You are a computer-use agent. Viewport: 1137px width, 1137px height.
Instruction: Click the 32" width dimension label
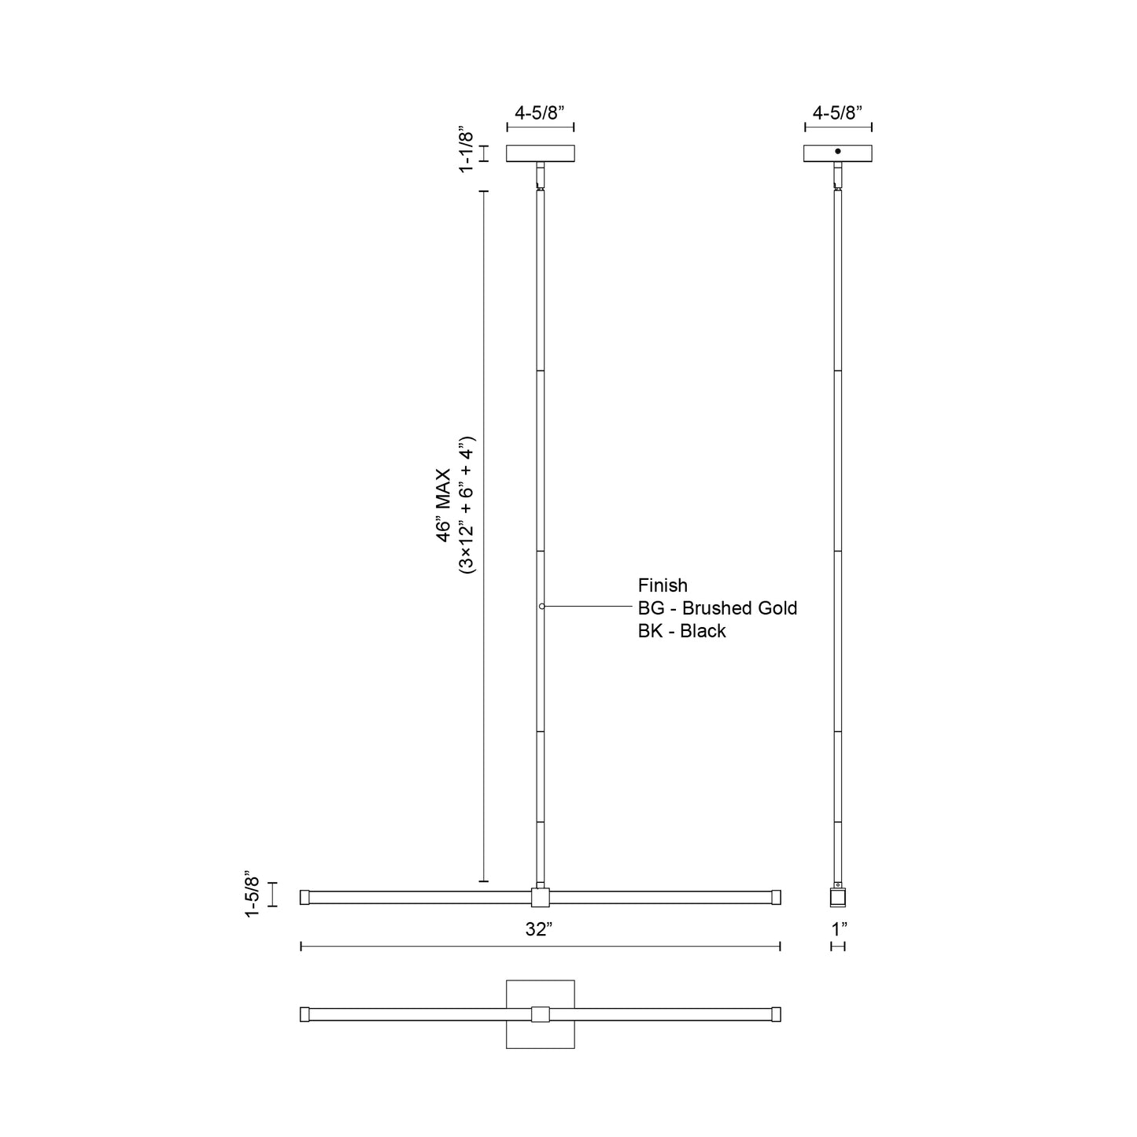539,929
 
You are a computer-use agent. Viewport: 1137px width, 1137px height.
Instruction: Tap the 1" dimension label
839,929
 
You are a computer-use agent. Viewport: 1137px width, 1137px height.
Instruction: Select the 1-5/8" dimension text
252,894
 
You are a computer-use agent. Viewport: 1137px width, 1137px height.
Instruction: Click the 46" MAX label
443,504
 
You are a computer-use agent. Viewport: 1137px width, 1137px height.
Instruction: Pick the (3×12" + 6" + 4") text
467,504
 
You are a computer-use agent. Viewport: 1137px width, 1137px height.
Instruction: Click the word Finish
663,585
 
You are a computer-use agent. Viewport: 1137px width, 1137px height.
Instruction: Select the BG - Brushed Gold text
718,608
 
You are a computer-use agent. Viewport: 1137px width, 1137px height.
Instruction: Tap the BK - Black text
681,631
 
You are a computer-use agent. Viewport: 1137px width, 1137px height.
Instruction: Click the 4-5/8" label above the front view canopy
540,113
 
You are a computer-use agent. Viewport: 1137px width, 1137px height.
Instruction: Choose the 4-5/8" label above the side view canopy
837,113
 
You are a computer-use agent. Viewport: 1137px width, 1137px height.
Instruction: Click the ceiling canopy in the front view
540,153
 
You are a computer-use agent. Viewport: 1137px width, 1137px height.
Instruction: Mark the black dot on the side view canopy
838,151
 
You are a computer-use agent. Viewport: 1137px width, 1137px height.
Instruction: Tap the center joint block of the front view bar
540,898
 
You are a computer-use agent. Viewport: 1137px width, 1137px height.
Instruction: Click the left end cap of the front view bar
305,897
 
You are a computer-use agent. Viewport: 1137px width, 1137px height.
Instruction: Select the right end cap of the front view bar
776,897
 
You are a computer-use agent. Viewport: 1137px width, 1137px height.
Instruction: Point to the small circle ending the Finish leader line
542,607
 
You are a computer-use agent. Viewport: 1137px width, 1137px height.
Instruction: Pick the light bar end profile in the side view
839,898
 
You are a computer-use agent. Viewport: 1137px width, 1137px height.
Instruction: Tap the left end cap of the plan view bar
305,1015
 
